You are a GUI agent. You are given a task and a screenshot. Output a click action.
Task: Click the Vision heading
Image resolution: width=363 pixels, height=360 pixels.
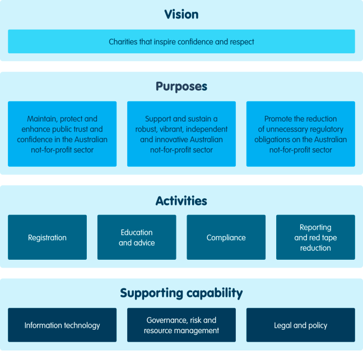point(181,15)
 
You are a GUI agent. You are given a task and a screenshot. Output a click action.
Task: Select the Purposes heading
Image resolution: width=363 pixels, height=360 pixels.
point(181,87)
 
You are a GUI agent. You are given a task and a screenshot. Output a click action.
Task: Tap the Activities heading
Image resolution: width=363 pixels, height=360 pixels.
point(181,201)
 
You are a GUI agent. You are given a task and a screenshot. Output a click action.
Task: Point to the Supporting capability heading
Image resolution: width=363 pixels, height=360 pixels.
point(181,293)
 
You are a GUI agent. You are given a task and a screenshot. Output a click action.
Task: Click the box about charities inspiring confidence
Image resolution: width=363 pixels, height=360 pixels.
point(181,41)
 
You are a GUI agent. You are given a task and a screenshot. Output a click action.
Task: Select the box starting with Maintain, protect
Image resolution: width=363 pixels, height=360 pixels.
point(62,134)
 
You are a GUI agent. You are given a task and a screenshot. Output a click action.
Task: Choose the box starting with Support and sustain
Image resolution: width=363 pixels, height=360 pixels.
point(181,134)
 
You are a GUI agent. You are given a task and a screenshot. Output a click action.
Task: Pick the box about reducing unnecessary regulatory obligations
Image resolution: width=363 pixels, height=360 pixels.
point(300,134)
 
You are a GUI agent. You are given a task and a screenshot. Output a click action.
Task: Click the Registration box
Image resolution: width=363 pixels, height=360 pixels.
point(47,237)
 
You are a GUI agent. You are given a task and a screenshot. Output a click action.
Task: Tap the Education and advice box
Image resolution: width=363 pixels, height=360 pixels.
point(137,237)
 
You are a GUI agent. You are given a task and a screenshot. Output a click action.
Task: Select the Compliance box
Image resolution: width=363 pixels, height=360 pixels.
point(226,237)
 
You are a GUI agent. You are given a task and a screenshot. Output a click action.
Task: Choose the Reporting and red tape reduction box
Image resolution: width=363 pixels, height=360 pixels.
point(315,237)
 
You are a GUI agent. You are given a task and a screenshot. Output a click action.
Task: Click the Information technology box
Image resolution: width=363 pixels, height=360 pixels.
point(62,325)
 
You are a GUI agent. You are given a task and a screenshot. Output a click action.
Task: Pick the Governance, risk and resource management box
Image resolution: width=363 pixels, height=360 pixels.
point(181,325)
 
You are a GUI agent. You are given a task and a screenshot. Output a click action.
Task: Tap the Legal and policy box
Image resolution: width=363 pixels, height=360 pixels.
point(300,325)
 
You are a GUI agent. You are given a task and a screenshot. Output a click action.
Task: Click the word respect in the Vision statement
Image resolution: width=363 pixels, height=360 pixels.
point(243,42)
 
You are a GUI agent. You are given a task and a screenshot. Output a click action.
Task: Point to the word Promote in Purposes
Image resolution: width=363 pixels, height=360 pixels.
point(278,119)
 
